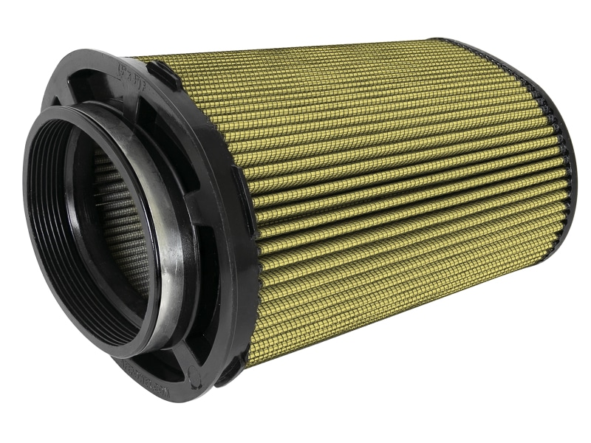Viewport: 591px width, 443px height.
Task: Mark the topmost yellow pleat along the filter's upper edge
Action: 295,49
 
